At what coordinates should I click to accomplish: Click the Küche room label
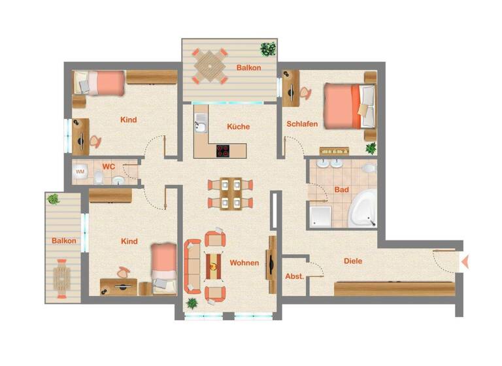click(x=237, y=127)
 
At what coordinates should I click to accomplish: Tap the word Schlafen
click(x=302, y=124)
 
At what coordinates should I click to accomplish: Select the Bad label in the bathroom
click(x=341, y=190)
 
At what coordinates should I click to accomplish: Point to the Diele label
click(x=353, y=261)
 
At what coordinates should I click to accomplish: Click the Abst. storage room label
click(x=294, y=276)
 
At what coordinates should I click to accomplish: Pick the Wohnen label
click(x=244, y=263)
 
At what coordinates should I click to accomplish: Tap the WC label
click(x=109, y=167)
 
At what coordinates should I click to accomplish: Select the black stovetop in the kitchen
click(x=223, y=150)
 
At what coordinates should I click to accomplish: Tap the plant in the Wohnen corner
click(x=192, y=303)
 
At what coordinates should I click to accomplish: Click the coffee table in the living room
click(x=213, y=265)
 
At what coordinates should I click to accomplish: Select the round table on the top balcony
click(x=208, y=65)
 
